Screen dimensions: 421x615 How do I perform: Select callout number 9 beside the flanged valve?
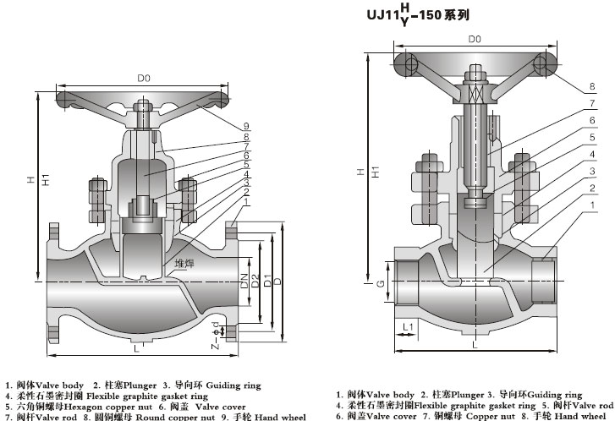click(x=246, y=127)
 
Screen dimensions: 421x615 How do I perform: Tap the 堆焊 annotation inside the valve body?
click(x=184, y=262)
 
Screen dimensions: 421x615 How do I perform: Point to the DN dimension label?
click(x=245, y=280)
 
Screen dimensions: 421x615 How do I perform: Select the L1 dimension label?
click(x=408, y=325)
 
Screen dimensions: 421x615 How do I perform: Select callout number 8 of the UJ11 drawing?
click(x=592, y=86)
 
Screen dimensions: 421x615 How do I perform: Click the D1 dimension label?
click(x=268, y=280)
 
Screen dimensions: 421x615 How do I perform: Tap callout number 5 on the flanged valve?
click(x=246, y=165)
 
